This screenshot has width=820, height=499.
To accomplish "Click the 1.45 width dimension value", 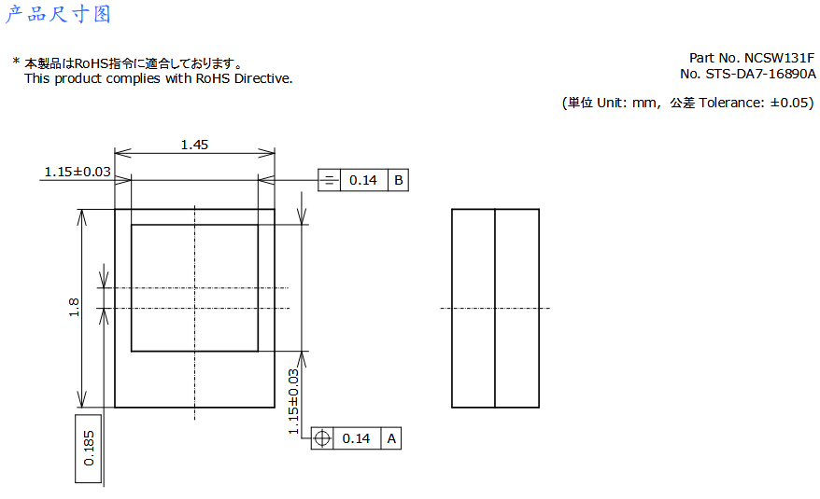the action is [x=194, y=145].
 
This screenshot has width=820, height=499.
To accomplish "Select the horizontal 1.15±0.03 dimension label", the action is [x=78, y=172].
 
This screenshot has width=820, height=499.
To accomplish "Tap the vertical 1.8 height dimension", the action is [x=74, y=307].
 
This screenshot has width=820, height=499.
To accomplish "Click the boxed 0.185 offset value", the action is [x=89, y=449].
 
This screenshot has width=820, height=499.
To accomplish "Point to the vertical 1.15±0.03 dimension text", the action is [x=293, y=401].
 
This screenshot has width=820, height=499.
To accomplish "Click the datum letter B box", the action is [x=398, y=180].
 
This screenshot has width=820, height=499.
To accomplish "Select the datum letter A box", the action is [x=391, y=438].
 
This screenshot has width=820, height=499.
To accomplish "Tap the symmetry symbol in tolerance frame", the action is [x=329, y=180].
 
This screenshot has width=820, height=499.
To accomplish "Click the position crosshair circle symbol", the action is [x=322, y=438].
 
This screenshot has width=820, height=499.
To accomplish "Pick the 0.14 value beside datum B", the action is [x=363, y=180].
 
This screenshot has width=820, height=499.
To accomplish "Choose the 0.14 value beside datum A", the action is [x=356, y=438].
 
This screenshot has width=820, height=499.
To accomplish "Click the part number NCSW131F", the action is [x=779, y=58].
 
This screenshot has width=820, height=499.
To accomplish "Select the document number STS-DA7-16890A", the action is [x=760, y=75].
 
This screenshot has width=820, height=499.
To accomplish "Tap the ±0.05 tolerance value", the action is [x=790, y=103].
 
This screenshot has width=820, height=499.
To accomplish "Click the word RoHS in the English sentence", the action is [x=213, y=78].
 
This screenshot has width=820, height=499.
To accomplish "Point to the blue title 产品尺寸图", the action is [x=58, y=14].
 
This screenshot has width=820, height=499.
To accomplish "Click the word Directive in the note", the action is [x=263, y=78].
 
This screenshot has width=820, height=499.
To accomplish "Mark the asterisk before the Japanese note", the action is [x=16, y=62].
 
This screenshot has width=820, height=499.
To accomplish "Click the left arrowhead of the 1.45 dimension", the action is [x=122, y=153].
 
